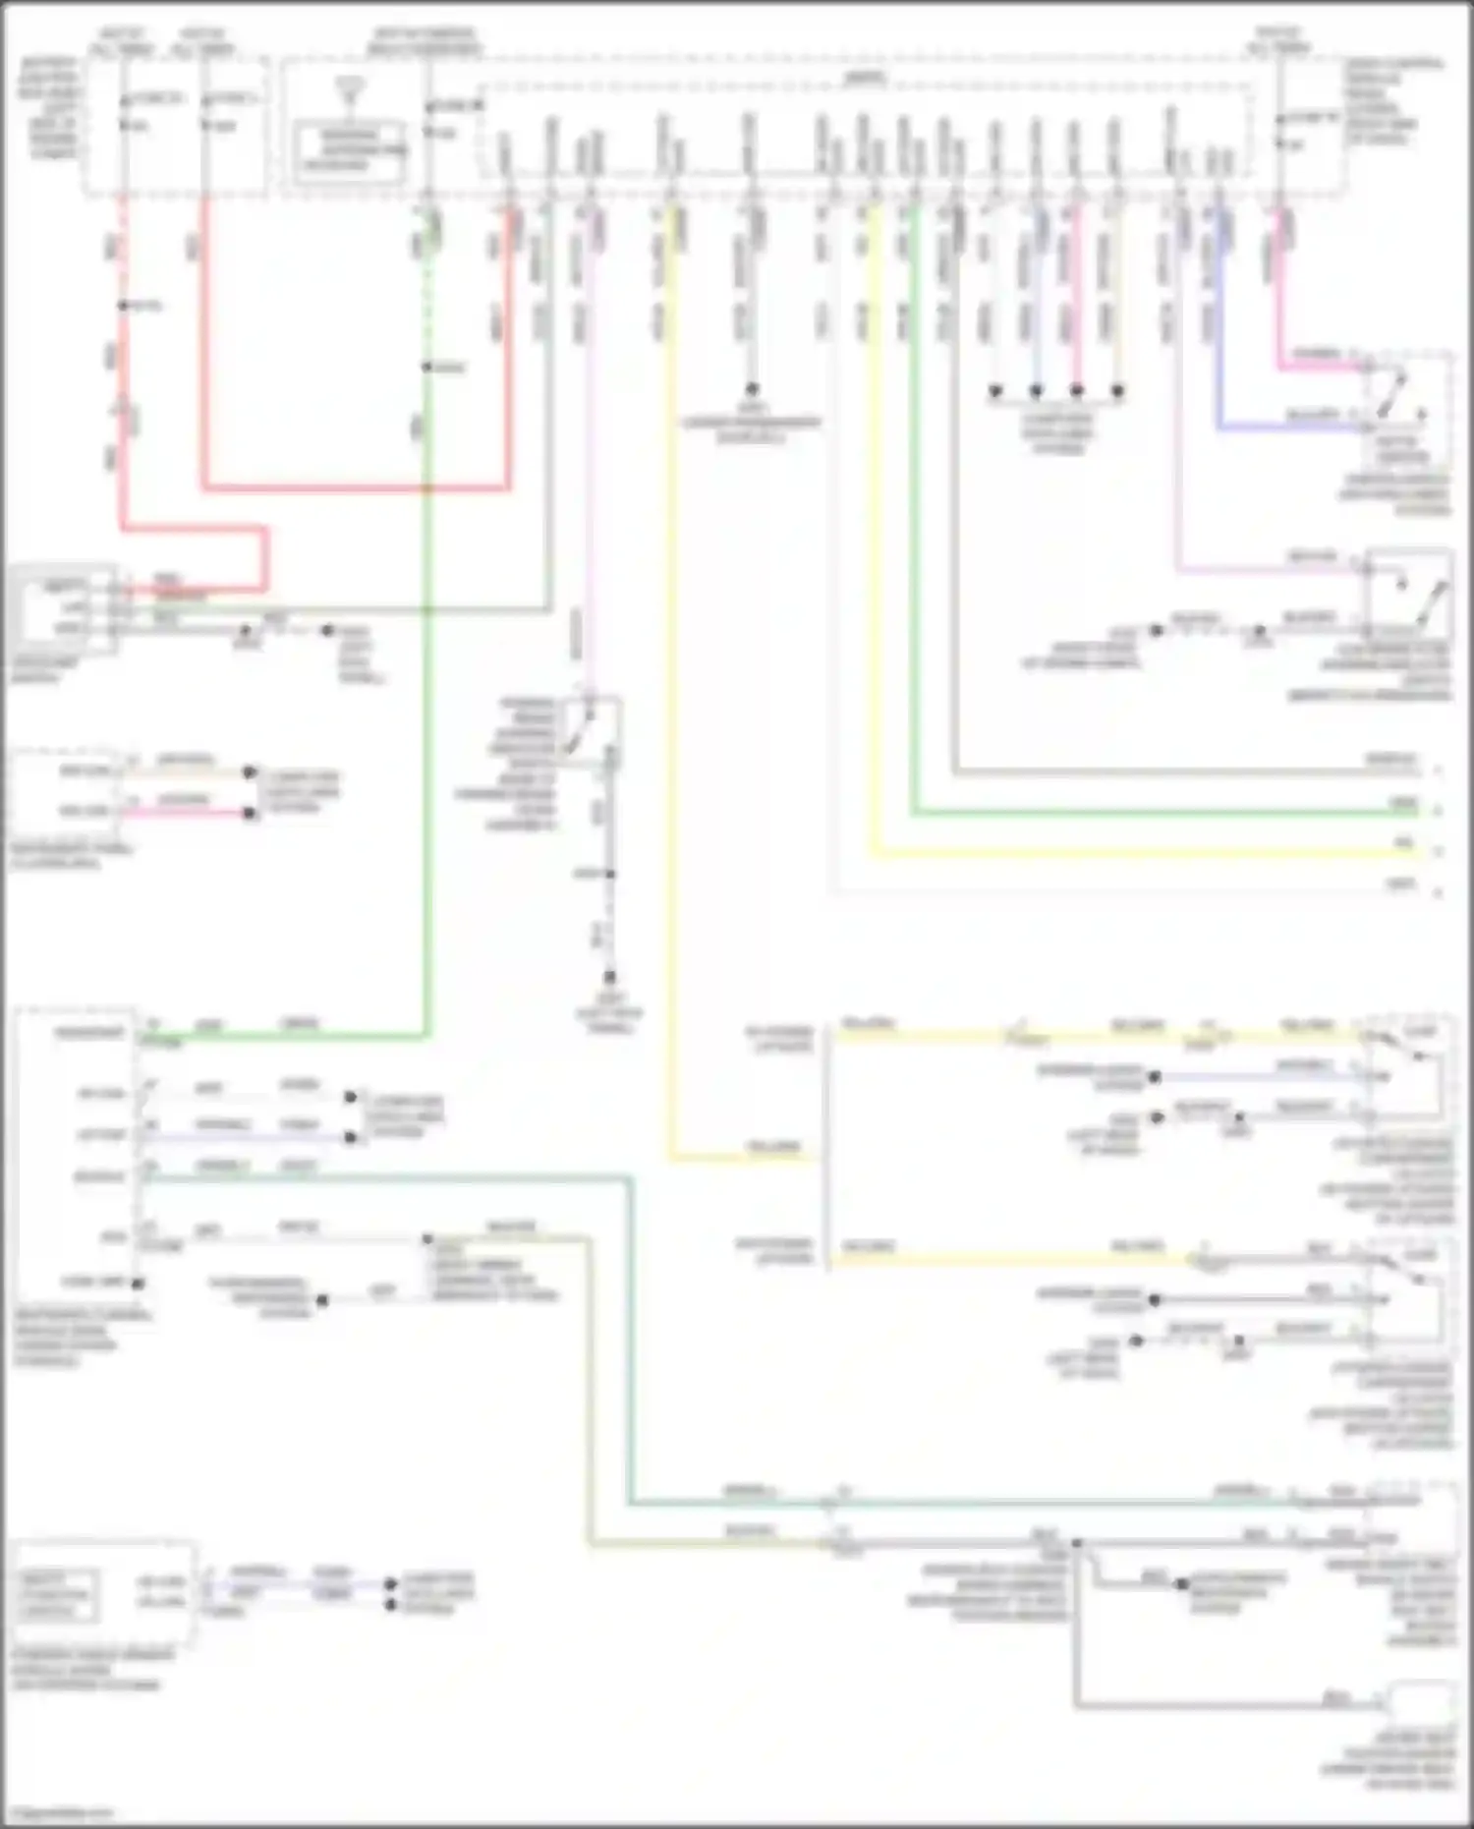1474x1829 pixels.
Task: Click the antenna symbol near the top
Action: (347, 90)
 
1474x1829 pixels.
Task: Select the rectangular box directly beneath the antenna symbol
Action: (351, 149)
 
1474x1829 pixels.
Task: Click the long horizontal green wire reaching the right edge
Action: (1160, 813)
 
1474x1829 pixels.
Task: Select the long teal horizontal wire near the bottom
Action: (983, 1503)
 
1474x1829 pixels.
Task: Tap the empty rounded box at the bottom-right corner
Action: (1419, 1700)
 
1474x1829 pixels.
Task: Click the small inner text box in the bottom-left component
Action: (56, 1594)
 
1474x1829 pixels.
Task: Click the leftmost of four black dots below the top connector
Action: (994, 391)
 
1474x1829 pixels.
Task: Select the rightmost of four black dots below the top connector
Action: (1117, 391)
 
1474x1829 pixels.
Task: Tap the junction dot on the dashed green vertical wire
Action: (427, 367)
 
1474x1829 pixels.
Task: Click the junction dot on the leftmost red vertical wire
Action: (123, 306)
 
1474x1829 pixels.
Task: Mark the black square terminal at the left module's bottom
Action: (139, 1283)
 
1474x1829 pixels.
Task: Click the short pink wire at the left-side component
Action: (187, 813)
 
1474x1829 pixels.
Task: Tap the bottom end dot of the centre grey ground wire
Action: (609, 977)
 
